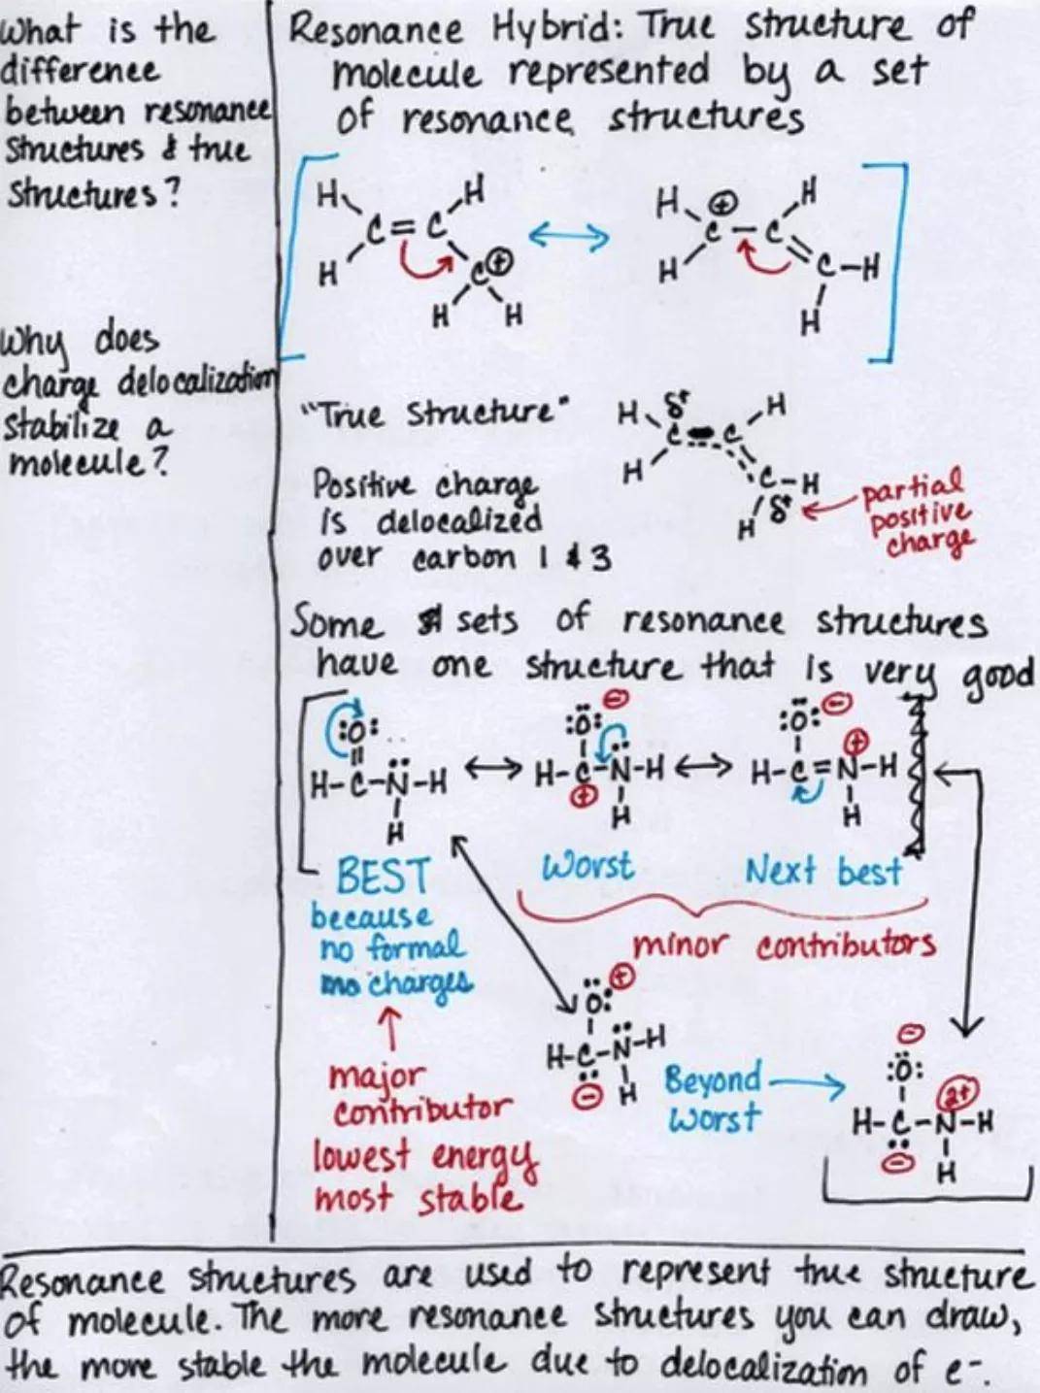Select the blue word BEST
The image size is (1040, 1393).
[x=384, y=876]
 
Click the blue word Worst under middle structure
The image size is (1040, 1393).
[x=587, y=866]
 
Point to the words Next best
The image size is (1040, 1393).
[x=823, y=872]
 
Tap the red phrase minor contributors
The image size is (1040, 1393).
[x=784, y=945]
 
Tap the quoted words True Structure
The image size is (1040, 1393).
[x=438, y=416]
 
